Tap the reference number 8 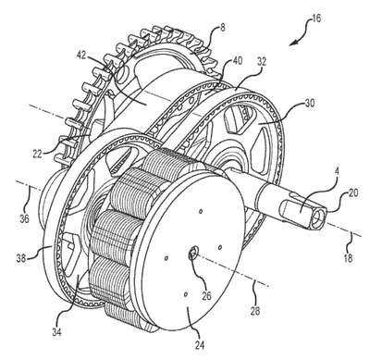223,28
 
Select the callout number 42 82,56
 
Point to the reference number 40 237,61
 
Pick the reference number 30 309,103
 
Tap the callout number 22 37,154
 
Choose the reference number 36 24,218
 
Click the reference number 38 21,258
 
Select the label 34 56,331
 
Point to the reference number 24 198,344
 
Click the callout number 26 206,295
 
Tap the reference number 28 255,310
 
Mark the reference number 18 348,257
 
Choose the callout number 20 353,193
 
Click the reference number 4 337,172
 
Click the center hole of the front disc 193,254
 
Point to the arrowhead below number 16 292,43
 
